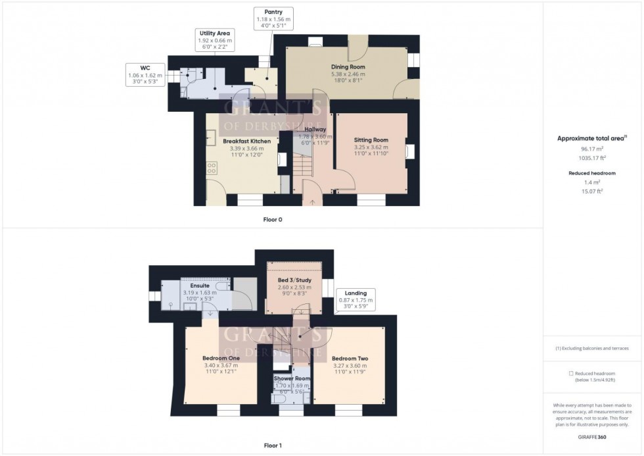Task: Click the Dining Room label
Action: tap(348, 67)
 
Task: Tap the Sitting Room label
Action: tap(371, 140)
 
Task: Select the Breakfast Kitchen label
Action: tap(246, 141)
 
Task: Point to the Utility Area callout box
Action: tap(216, 40)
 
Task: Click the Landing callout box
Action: tap(356, 299)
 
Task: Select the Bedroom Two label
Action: tap(350, 359)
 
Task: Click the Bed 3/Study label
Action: tap(293, 280)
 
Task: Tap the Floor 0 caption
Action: tap(273, 219)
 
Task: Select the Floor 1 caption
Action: tap(273, 445)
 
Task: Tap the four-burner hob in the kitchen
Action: tap(212, 168)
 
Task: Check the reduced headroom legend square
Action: tap(571, 373)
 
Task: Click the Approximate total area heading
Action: tap(591, 138)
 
